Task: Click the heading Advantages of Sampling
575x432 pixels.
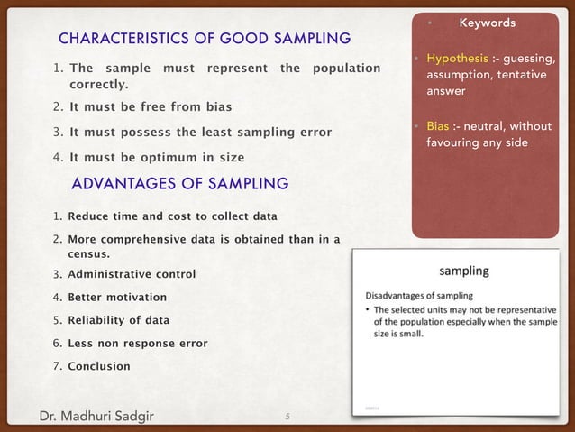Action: (179, 184)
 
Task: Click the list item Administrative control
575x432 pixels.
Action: (131, 274)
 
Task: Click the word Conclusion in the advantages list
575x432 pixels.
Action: (98, 367)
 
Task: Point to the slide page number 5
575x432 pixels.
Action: (286, 415)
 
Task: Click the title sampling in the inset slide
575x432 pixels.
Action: (463, 270)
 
